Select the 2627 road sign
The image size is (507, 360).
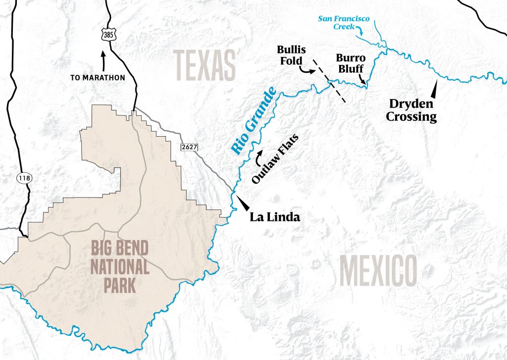point(188,146)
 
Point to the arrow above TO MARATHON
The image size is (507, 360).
point(103,60)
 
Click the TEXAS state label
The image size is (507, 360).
point(204,65)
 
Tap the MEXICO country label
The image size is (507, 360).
point(378,271)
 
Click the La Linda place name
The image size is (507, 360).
point(275,217)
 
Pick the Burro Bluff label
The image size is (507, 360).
point(351,63)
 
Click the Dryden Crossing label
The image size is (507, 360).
point(412,110)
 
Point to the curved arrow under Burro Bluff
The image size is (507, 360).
point(364,79)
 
